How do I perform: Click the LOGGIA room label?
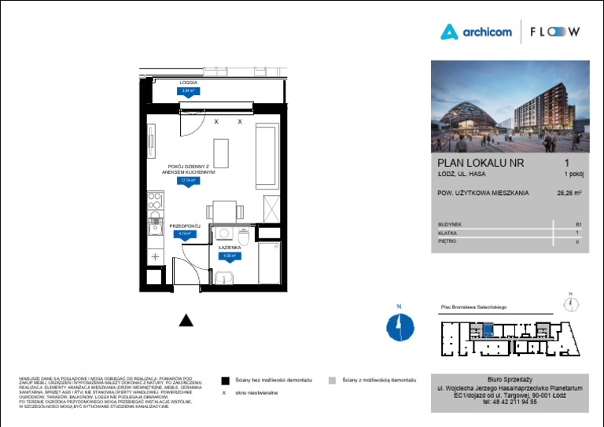pos(188,83)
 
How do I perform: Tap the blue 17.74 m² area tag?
pos(189,180)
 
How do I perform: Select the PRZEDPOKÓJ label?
pos(186,226)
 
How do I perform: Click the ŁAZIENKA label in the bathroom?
pos(230,247)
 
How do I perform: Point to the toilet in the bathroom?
pos(243,236)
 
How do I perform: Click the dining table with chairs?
pos(222,211)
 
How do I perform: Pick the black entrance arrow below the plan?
pos(186,318)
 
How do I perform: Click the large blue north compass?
pos(400,325)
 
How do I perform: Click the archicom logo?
pos(476,32)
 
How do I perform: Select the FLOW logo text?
pos(554,32)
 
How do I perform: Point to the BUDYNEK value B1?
pos(577,224)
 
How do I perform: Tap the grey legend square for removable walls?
pos(333,379)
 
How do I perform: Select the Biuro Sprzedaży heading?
pos(510,378)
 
